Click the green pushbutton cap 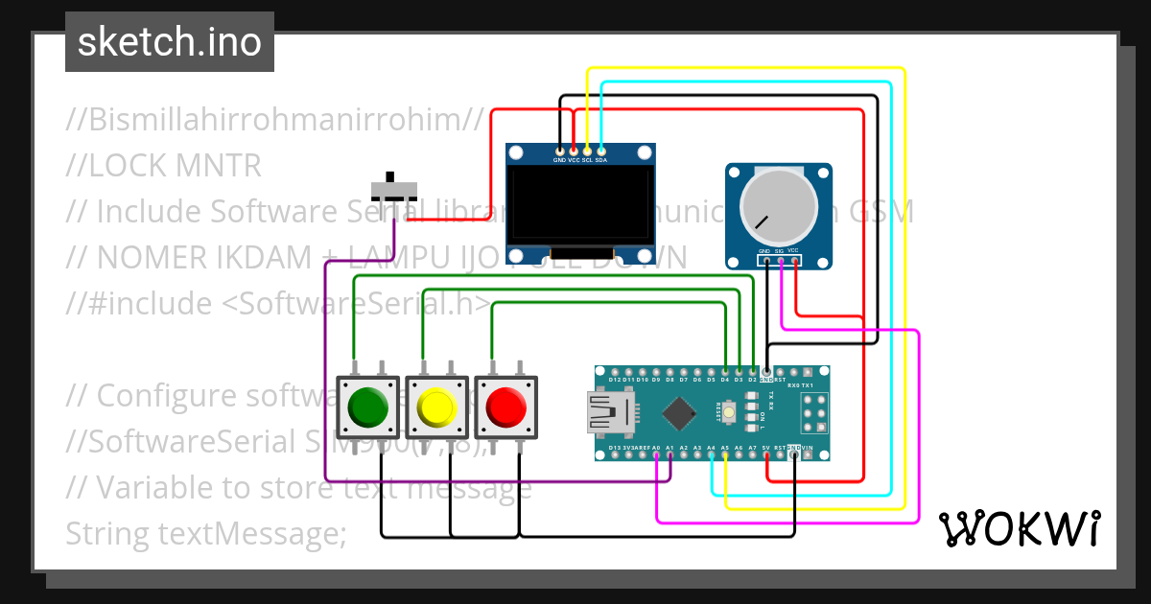pos(368,407)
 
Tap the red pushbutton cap pos(505,407)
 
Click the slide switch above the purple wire pos(394,188)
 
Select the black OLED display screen pos(580,205)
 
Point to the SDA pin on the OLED pos(600,151)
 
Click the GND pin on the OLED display pos(559,151)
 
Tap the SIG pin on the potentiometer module pos(780,261)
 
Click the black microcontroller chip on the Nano pos(679,412)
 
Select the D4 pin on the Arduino pos(725,370)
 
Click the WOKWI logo pos(1019,528)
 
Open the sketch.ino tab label pos(170,42)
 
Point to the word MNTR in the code pos(219,166)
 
